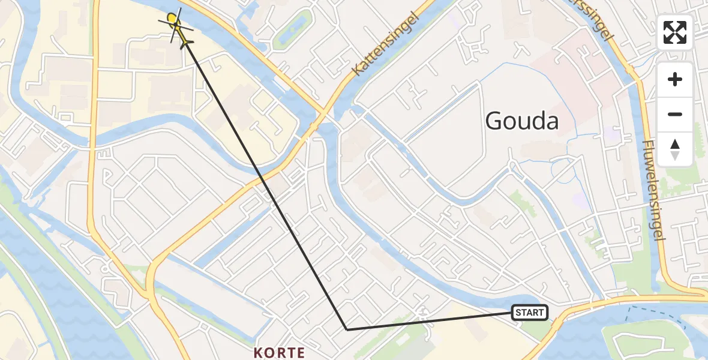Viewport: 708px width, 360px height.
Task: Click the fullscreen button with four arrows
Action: (x=675, y=32)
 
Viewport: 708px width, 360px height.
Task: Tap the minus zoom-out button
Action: (x=675, y=115)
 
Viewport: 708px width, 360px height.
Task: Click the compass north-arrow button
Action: (x=675, y=149)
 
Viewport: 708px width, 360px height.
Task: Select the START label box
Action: (x=529, y=313)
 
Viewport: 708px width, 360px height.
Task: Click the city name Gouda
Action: (x=521, y=121)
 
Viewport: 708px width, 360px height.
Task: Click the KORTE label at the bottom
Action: (x=280, y=352)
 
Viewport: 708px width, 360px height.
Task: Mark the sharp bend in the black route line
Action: (x=347, y=329)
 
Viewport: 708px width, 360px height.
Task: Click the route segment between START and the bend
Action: (x=429, y=321)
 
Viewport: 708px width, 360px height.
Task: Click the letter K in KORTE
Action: (x=259, y=352)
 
